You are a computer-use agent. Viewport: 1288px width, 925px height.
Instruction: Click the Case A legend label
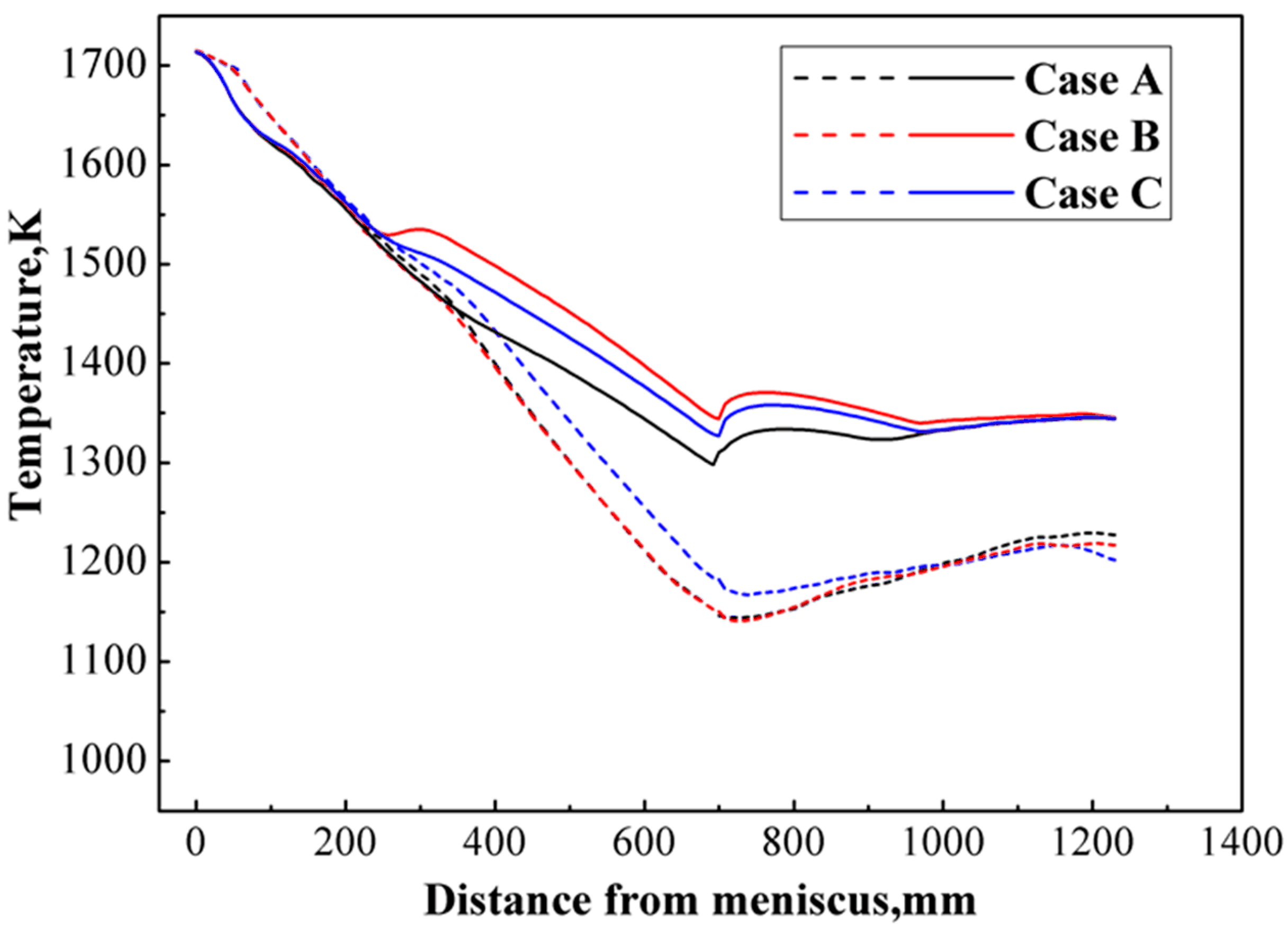[1093, 81]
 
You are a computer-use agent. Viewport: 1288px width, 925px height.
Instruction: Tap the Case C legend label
[1092, 194]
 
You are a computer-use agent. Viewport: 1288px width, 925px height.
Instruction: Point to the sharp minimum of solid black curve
[713, 465]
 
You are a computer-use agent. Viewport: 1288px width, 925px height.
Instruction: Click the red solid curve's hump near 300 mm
[420, 229]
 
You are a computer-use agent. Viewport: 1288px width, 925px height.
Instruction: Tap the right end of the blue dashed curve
[1116, 561]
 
